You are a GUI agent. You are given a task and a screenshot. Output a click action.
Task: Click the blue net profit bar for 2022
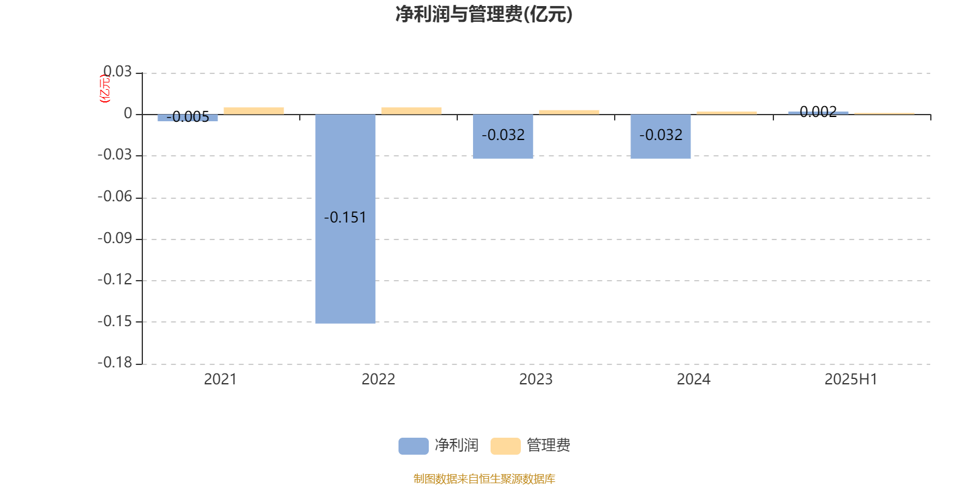click(x=345, y=219)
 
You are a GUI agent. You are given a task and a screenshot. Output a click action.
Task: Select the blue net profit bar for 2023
click(x=503, y=136)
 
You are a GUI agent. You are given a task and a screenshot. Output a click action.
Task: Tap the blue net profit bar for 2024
click(x=661, y=136)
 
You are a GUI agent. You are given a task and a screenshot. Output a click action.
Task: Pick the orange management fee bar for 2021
click(x=254, y=111)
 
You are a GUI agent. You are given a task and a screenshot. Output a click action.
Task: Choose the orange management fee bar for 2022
click(x=411, y=111)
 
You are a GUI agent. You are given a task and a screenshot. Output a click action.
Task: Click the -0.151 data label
click(x=345, y=218)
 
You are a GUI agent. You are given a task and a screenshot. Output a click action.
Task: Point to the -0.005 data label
click(x=188, y=117)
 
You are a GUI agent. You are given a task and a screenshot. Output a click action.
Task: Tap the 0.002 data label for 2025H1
click(x=818, y=112)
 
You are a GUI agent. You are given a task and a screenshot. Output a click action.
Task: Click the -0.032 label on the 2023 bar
click(x=503, y=135)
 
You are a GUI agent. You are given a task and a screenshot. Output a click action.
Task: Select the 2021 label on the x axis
click(x=220, y=380)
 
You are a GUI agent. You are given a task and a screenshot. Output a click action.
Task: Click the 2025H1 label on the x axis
click(x=851, y=380)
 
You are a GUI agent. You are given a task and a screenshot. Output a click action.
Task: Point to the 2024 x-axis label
click(x=693, y=380)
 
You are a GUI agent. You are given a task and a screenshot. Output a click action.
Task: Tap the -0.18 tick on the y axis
click(x=115, y=363)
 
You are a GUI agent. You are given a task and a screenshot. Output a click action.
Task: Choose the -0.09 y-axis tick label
click(x=115, y=239)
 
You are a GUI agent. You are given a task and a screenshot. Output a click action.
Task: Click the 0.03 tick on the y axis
click(x=117, y=72)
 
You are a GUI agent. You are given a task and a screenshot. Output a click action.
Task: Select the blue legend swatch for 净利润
click(x=414, y=446)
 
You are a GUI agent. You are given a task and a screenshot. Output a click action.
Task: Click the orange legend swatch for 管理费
click(x=505, y=446)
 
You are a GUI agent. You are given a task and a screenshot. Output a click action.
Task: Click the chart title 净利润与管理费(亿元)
click(x=484, y=15)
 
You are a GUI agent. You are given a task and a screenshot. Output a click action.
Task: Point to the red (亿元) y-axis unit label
click(x=105, y=89)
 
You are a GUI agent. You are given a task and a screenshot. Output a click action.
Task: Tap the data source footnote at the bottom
click(x=484, y=478)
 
